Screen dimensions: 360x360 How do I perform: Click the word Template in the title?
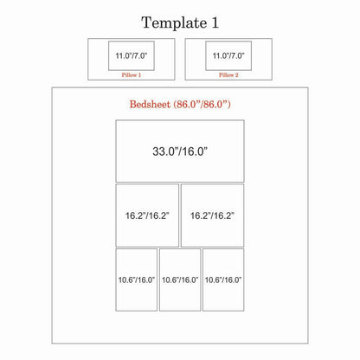pyautogui.click(x=174, y=23)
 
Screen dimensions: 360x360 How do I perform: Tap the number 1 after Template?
pyautogui.click(x=215, y=22)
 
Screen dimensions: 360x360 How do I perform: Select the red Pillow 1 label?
pyautogui.click(x=132, y=75)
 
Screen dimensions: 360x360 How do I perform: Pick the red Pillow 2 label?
pyautogui.click(x=228, y=75)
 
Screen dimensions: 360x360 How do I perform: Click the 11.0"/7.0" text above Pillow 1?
pyautogui.click(x=132, y=55)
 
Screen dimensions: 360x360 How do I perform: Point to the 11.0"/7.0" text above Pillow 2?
pyautogui.click(x=228, y=55)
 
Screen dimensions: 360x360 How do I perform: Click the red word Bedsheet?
pyautogui.click(x=150, y=104)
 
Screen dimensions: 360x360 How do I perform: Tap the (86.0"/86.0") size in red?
pyautogui.click(x=202, y=104)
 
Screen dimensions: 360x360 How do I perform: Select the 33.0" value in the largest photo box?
pyautogui.click(x=164, y=151)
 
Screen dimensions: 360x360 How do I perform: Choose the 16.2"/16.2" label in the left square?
pyautogui.click(x=147, y=215)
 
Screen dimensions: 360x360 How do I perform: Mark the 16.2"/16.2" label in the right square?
pyautogui.click(x=212, y=215)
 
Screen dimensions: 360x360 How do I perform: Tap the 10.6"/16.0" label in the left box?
pyautogui.click(x=137, y=280)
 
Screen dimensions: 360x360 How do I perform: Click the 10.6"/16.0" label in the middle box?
pyautogui.click(x=180, y=280)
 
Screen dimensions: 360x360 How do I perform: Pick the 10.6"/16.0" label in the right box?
pyautogui.click(x=223, y=280)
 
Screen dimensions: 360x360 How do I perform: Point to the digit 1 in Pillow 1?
pyautogui.click(x=139, y=75)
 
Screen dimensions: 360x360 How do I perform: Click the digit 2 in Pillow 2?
pyautogui.click(x=237, y=75)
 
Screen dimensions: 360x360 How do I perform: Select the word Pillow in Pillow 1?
pyautogui.click(x=129, y=75)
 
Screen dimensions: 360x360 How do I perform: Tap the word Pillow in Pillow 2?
pyautogui.click(x=226, y=75)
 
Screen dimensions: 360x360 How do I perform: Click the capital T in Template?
pyautogui.click(x=146, y=22)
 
